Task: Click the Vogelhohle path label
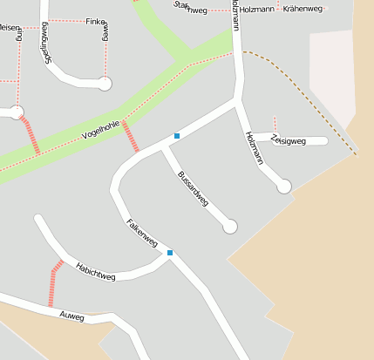[x=99, y=130]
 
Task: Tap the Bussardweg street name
[x=193, y=188]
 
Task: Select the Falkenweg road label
[x=141, y=232]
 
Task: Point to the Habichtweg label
[x=96, y=271]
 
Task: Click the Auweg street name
[x=71, y=316]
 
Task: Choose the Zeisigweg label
[x=288, y=139]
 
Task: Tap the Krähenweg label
[x=303, y=8]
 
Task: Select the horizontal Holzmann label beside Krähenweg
[x=258, y=8]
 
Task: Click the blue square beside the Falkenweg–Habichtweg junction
[x=170, y=253]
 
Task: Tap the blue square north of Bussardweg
[x=177, y=136]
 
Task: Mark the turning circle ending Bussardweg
[x=230, y=227]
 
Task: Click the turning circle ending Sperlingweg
[x=105, y=84]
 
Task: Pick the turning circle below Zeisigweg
[x=283, y=186]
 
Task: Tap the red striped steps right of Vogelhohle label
[x=130, y=137]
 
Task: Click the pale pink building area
[x=335, y=78]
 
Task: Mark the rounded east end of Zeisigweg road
[x=324, y=140]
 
